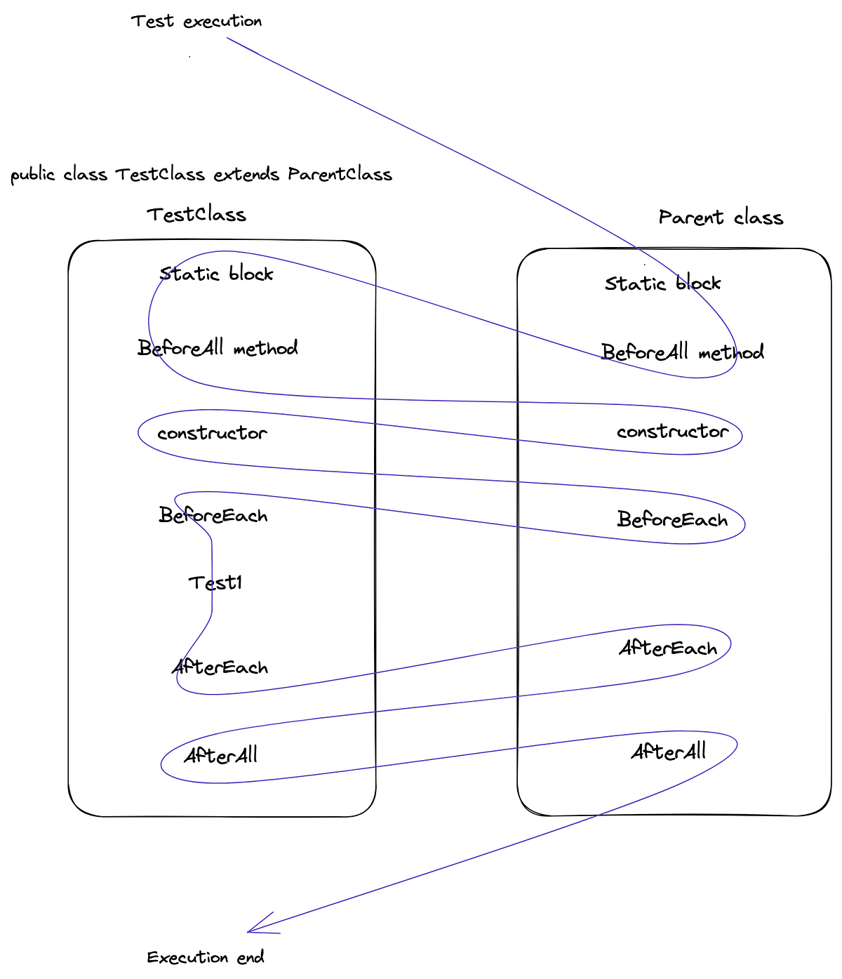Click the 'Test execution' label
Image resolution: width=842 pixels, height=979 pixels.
(196, 22)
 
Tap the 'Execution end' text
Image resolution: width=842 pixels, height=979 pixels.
(206, 957)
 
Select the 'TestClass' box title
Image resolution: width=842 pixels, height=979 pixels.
(196, 215)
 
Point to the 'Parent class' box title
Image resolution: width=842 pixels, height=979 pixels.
(721, 218)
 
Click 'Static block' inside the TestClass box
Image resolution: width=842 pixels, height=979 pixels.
(216, 274)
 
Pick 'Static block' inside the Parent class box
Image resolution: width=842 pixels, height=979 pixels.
(663, 284)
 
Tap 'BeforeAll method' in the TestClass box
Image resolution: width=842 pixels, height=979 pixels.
(218, 348)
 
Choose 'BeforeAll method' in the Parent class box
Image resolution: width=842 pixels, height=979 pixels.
(683, 352)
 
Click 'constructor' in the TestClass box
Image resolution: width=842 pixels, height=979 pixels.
(212, 434)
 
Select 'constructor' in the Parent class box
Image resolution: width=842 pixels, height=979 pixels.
(672, 432)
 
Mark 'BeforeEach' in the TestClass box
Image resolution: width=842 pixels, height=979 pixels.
(213, 517)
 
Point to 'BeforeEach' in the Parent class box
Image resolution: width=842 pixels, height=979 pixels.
(672, 520)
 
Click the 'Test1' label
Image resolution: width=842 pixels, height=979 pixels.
(215, 582)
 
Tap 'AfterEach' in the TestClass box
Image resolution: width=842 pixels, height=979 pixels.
(220, 667)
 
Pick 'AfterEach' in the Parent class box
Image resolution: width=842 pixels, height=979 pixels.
(668, 648)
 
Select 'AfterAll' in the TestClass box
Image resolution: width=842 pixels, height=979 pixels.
(220, 756)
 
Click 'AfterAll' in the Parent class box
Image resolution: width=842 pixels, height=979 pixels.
(668, 752)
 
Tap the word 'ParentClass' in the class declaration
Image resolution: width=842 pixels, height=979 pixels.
(340, 174)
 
